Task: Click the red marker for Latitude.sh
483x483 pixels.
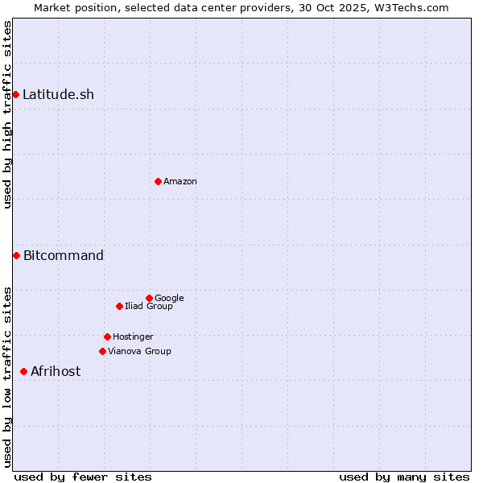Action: [15, 94]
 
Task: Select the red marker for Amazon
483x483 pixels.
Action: [158, 181]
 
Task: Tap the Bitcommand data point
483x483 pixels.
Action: [16, 255]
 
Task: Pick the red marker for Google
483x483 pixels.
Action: [149, 298]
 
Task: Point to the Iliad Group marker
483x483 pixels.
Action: [119, 306]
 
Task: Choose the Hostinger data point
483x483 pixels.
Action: [107, 336]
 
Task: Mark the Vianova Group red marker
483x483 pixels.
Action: [102, 351]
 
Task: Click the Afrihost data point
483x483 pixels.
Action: [23, 371]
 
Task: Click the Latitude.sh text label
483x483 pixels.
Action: [58, 94]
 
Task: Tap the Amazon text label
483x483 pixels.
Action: [180, 181]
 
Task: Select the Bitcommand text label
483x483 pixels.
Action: [64, 255]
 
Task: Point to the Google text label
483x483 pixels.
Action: [169, 298]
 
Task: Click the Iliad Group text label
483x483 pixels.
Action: [149, 306]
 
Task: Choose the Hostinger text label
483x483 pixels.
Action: [133, 336]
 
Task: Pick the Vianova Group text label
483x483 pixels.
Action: [139, 351]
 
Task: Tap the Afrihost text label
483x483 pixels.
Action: [56, 371]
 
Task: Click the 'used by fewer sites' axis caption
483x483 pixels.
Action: [83, 477]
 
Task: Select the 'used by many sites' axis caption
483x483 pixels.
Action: [404, 477]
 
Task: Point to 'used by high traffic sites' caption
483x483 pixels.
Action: [7, 114]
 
